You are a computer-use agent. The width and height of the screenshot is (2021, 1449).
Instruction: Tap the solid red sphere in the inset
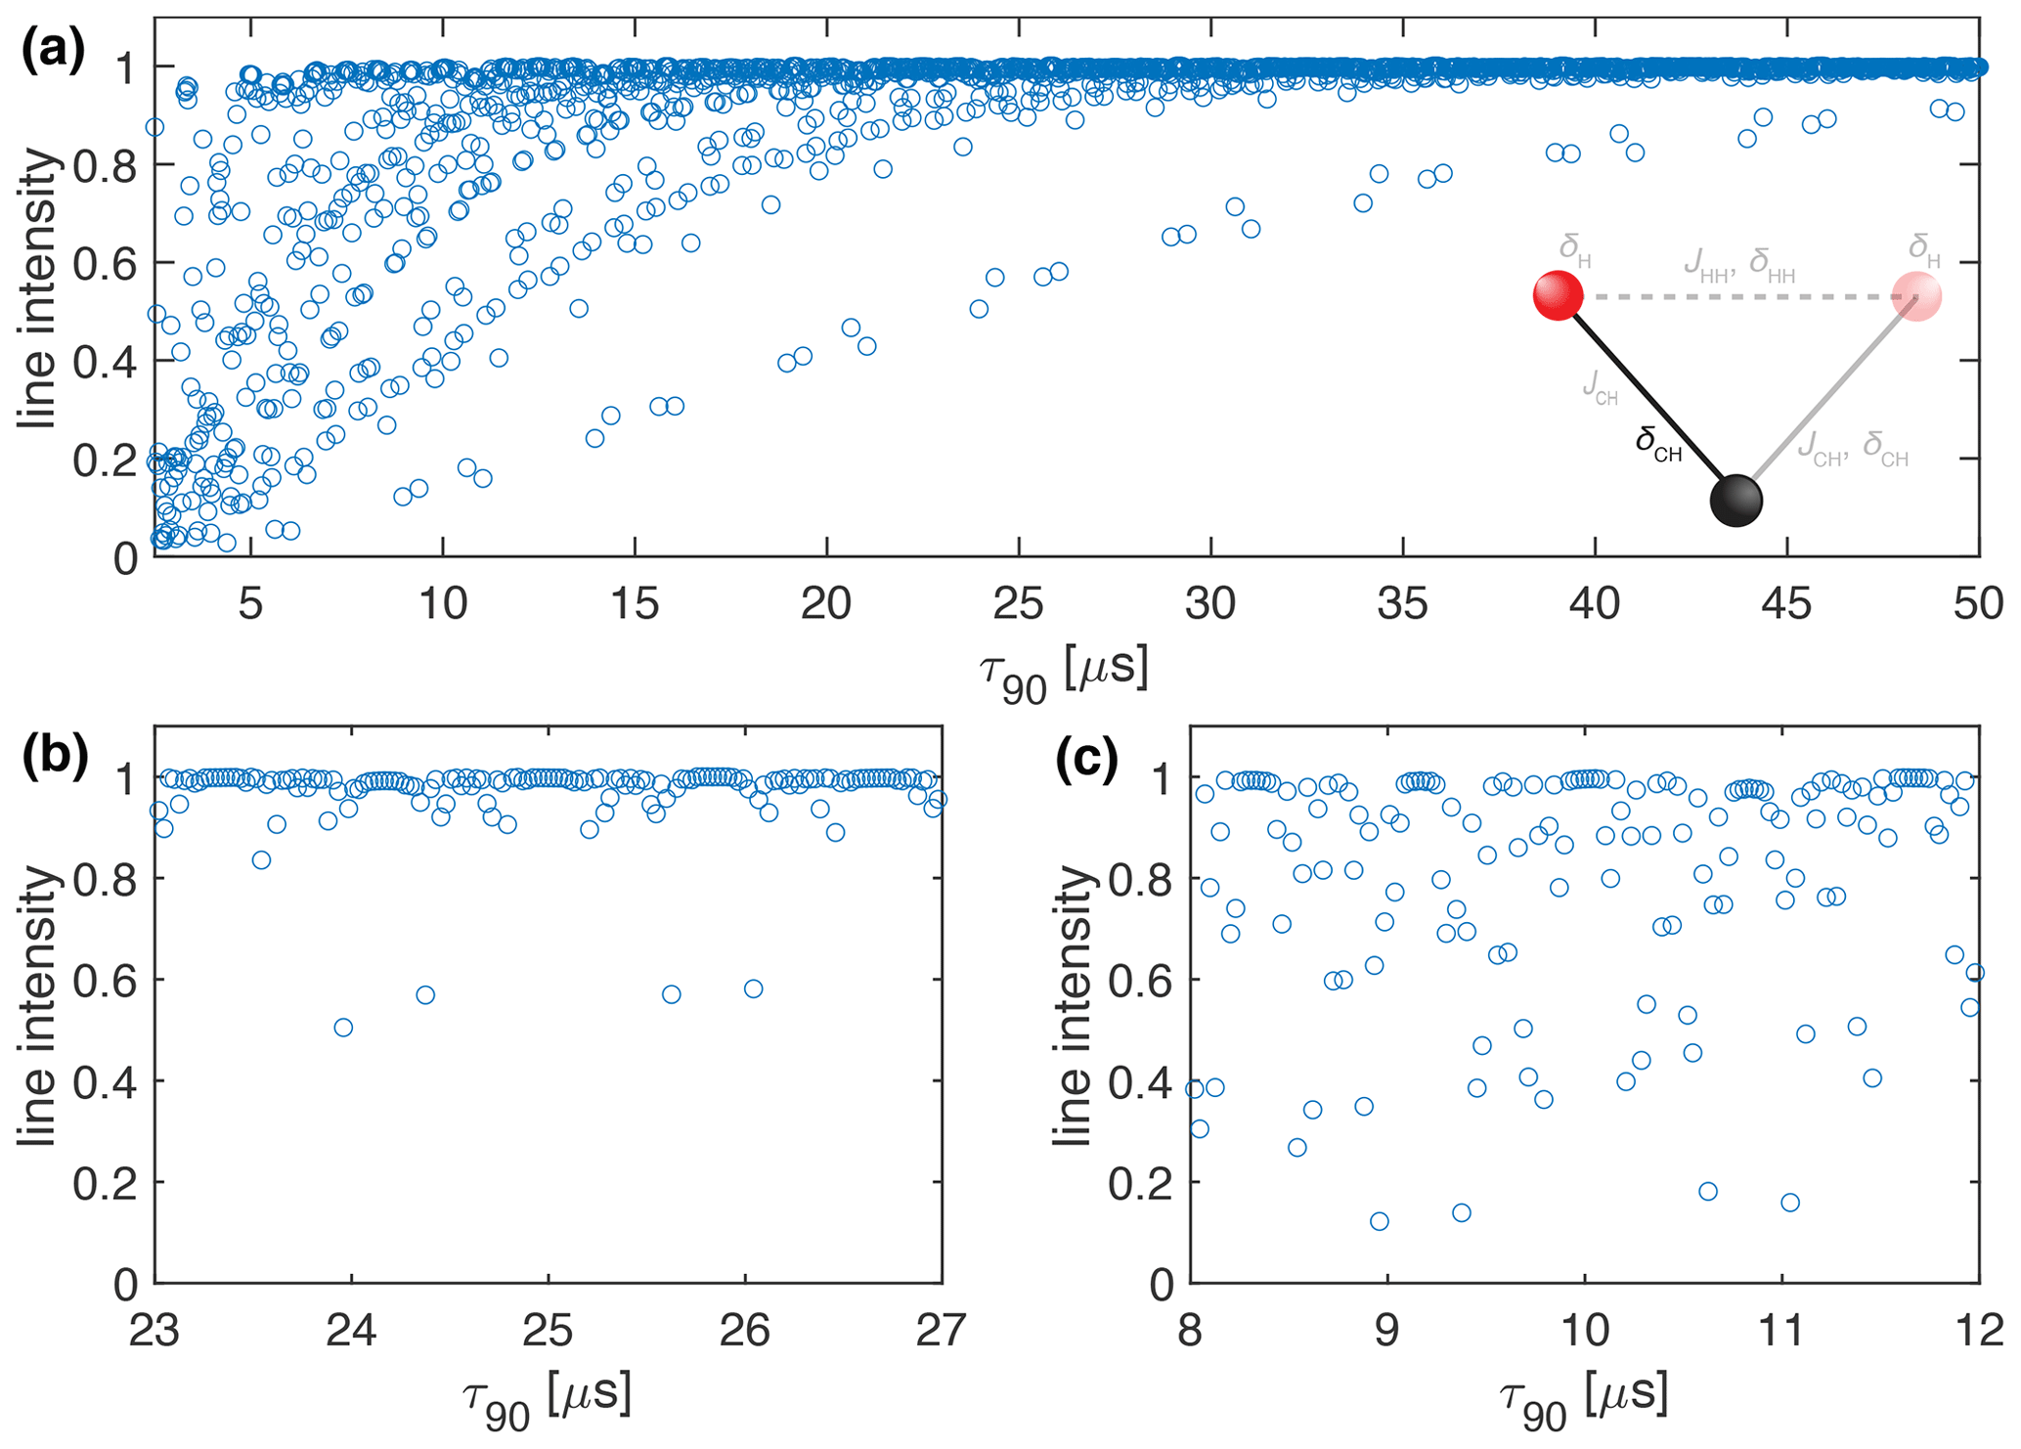click(1558, 295)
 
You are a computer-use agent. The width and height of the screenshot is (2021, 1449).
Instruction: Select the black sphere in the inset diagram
click(1735, 501)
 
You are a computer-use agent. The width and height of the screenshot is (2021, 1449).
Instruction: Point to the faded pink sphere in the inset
click(1916, 297)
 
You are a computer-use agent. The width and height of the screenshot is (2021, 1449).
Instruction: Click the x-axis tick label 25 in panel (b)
click(548, 1331)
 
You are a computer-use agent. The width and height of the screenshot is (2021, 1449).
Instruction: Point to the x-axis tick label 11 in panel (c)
click(1780, 1331)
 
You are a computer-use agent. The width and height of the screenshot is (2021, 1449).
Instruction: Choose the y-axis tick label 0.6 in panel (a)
click(105, 263)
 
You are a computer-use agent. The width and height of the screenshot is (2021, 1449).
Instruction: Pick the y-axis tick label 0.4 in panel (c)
click(1140, 1081)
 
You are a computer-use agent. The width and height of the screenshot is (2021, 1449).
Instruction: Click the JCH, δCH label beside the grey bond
click(1853, 449)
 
